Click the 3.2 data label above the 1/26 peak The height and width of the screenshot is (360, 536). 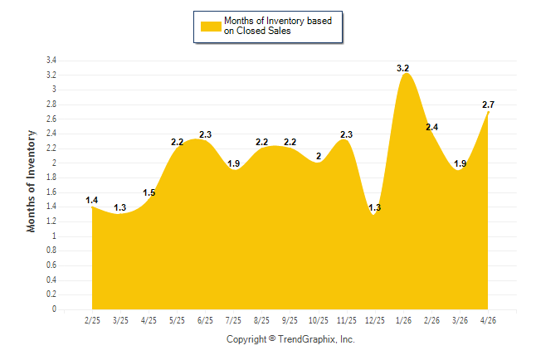[x=402, y=68]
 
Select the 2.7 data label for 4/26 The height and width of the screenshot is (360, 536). [x=488, y=105]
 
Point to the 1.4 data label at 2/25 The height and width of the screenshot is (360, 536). [x=91, y=200]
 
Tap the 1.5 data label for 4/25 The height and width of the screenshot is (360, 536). [x=149, y=192]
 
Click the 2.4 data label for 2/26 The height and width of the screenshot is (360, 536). [x=431, y=127]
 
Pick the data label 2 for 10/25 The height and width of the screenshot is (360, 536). [x=319, y=156]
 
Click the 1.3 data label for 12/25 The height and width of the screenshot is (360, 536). [x=375, y=207]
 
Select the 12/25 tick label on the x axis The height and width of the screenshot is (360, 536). [x=375, y=320]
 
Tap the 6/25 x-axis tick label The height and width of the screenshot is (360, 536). [x=205, y=320]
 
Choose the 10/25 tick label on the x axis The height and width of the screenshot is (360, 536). [x=319, y=320]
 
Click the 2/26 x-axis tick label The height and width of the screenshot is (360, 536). [x=431, y=320]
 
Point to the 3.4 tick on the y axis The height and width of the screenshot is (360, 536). [x=51, y=61]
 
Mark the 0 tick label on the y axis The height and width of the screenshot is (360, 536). [x=54, y=309]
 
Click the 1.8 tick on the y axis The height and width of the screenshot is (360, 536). [x=51, y=178]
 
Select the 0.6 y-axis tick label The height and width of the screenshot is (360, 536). [x=51, y=265]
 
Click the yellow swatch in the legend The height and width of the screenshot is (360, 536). [x=211, y=27]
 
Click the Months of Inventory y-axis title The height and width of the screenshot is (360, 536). [x=31, y=181]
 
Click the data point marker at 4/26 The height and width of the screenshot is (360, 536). [x=488, y=112]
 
